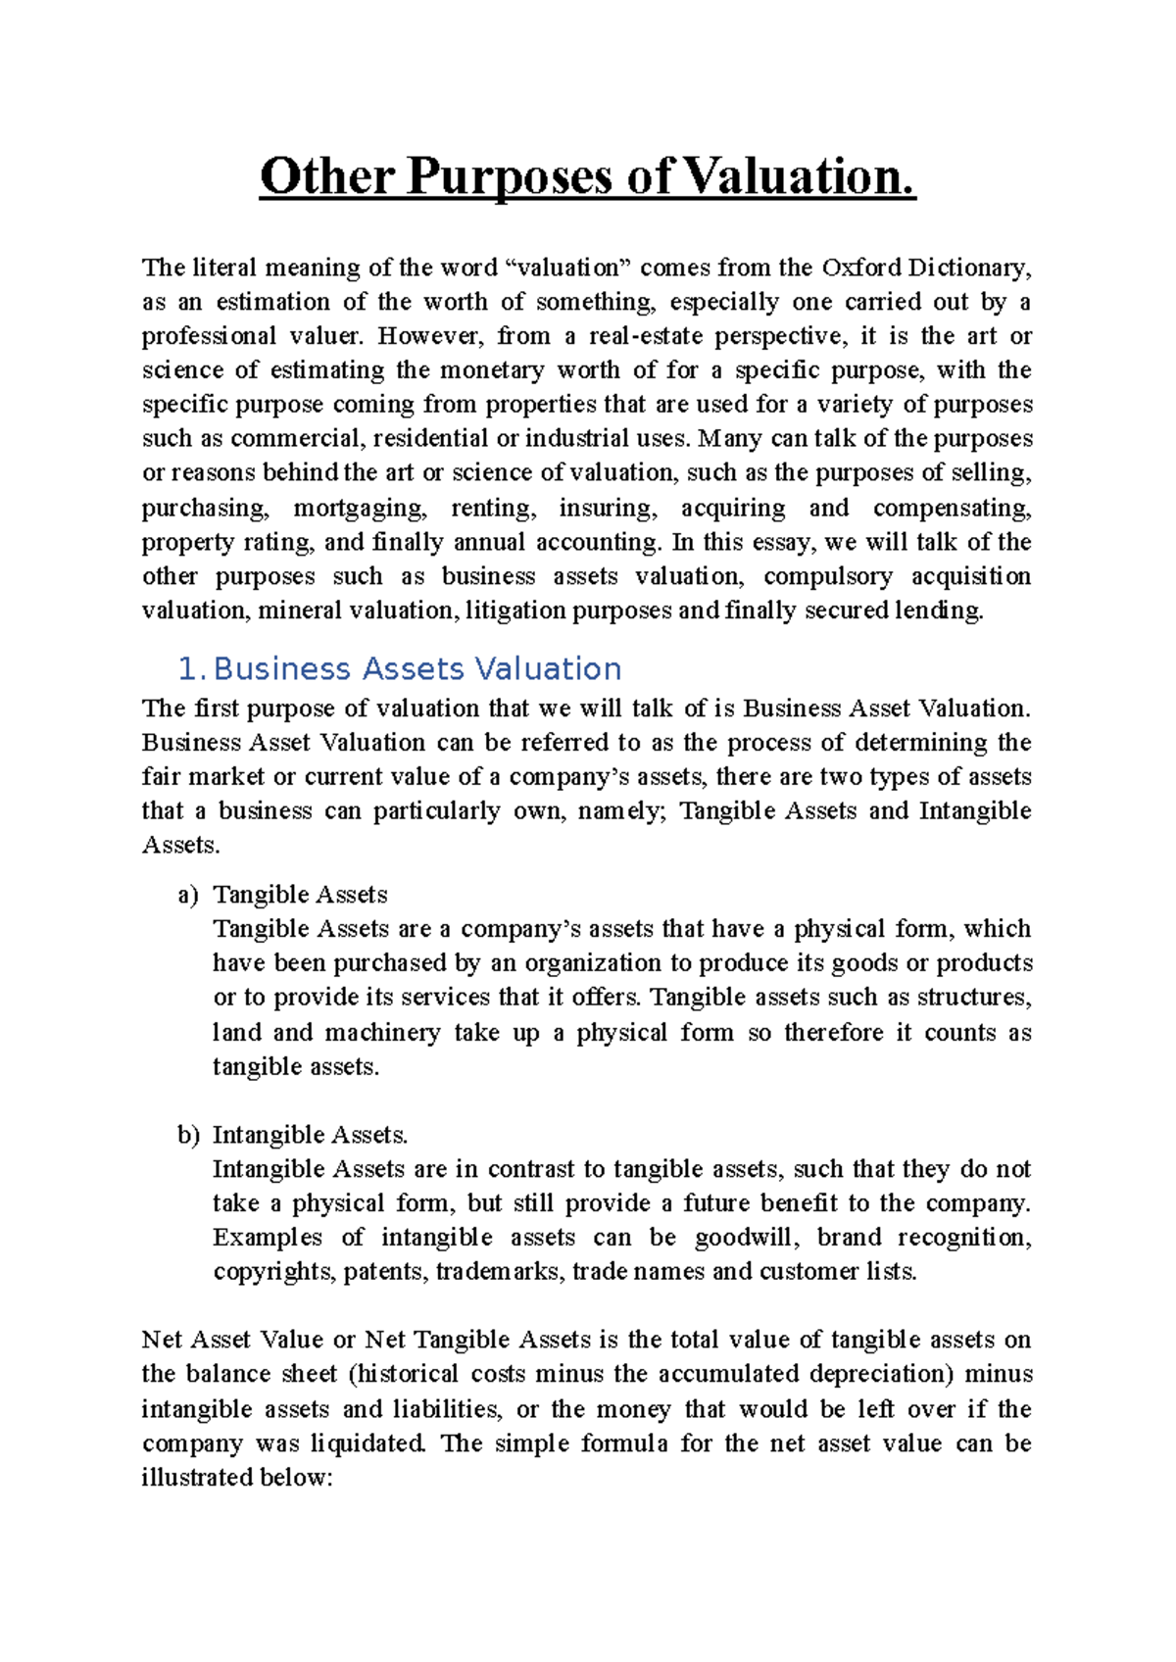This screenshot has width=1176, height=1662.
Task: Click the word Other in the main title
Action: point(326,177)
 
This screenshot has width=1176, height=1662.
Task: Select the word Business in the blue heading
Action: point(281,669)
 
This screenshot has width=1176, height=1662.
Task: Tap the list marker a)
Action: point(188,895)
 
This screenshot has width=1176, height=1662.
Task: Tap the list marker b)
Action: point(188,1135)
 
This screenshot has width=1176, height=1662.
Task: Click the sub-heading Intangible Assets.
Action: point(310,1135)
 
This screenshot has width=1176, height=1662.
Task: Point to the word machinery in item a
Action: point(382,1032)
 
